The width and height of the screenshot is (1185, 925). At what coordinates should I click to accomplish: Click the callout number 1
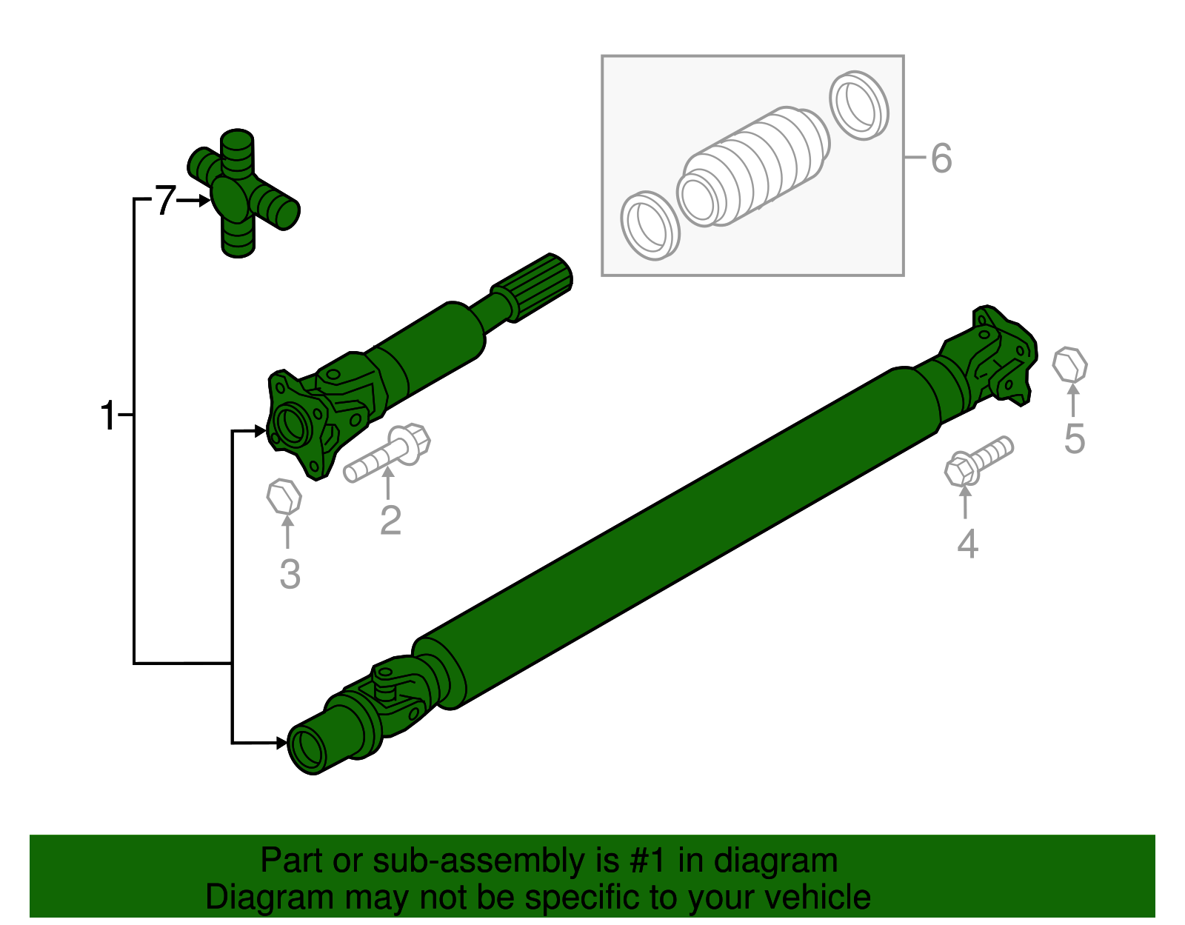pos(108,415)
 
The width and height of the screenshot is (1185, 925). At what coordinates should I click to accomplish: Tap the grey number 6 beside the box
pos(941,158)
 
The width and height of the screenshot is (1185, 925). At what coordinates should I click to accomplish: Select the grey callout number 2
pos(390,520)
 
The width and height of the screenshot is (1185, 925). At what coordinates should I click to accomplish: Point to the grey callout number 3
pos(290,574)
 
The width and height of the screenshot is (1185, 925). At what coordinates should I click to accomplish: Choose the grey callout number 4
pos(967,544)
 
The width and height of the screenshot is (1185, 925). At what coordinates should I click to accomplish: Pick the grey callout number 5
pos(1074,438)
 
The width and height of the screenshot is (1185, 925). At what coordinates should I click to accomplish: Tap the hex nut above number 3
pos(284,496)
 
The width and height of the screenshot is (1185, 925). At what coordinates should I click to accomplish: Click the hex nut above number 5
pos(1070,364)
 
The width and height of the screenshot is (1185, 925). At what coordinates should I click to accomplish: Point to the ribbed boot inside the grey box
pos(755,167)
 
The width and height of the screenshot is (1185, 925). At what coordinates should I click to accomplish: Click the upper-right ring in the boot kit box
pos(858,105)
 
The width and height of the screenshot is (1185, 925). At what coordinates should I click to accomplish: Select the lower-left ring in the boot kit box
pos(650,225)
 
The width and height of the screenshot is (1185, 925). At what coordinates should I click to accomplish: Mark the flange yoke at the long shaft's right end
pos(1000,355)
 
